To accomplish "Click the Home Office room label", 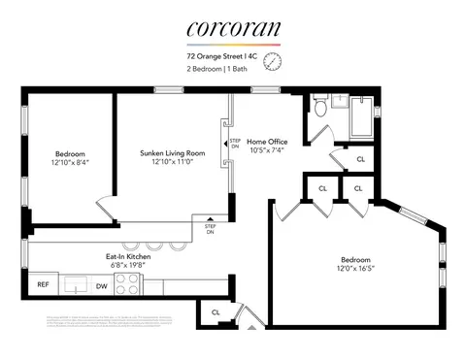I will [x=267, y=142].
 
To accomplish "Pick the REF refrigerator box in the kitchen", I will [x=43, y=284].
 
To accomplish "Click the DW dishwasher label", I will [x=101, y=285].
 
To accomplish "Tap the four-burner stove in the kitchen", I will [x=128, y=284].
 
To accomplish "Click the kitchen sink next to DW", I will [x=74, y=285].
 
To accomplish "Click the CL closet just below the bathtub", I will [x=360, y=158].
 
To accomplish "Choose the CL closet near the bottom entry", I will [x=215, y=311].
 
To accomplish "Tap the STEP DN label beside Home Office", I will [x=235, y=143].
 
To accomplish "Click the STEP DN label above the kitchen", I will [x=210, y=229].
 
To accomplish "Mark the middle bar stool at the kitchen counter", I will [x=152, y=245].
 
